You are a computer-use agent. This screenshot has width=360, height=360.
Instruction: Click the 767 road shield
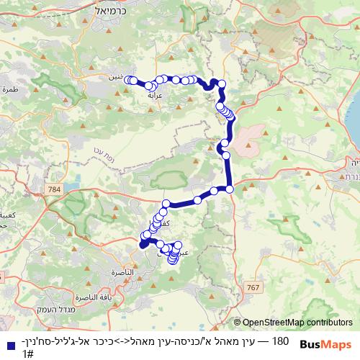tap(251, 287)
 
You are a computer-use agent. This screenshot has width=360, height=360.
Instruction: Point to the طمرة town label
tap(9, 90)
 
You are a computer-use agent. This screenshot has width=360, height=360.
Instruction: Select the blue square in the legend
tap(9, 345)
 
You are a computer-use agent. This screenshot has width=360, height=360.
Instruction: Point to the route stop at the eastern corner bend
tap(230, 189)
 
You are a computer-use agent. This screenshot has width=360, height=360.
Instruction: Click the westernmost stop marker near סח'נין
tap(127, 80)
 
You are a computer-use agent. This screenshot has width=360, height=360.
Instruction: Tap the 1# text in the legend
tap(29, 354)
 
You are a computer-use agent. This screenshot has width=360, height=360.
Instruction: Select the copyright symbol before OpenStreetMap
tap(238, 323)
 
